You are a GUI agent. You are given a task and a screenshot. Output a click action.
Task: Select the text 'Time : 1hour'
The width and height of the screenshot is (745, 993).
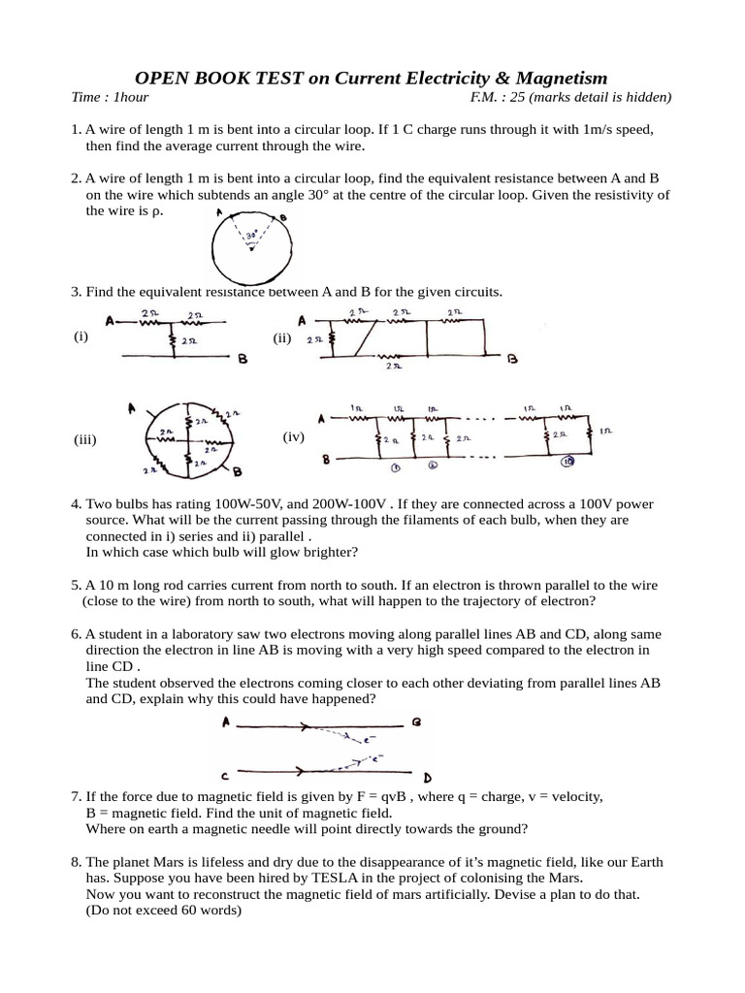[110, 97]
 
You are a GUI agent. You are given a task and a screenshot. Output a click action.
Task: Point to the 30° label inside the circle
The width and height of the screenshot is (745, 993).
[250, 235]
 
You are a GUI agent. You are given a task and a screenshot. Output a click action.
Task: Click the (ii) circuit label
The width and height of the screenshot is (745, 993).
[282, 338]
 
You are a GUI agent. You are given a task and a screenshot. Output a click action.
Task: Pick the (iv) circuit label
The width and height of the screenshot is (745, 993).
[294, 437]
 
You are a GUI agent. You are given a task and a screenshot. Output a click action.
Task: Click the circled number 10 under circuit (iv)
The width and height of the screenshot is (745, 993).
[567, 462]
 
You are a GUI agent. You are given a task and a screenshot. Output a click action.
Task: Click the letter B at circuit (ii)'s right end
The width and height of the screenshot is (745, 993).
[512, 359]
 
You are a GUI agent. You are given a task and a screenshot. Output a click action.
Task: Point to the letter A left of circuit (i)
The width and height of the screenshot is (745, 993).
[111, 319]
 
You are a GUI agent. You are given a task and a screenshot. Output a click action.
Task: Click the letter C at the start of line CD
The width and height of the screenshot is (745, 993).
[224, 775]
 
